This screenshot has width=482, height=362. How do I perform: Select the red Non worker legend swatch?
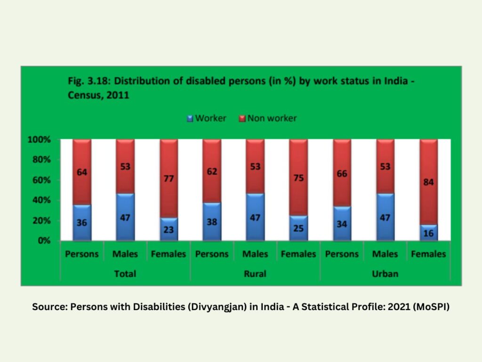coord(242,118)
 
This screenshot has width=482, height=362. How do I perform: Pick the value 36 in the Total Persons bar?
coord(82,223)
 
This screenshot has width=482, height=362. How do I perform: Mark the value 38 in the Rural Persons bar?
coord(212,222)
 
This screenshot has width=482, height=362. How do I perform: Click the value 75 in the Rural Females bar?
coord(298,178)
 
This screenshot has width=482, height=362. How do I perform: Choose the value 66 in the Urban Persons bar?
coord(342,173)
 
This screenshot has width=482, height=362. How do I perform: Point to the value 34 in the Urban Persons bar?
coord(342,224)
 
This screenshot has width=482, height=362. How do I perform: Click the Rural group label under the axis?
coord(255,273)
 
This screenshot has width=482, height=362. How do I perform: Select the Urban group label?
coord(385,273)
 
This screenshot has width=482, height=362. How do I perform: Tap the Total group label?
coord(125,273)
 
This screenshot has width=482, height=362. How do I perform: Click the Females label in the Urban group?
coord(428,254)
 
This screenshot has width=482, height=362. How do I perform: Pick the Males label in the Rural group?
coord(255,254)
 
